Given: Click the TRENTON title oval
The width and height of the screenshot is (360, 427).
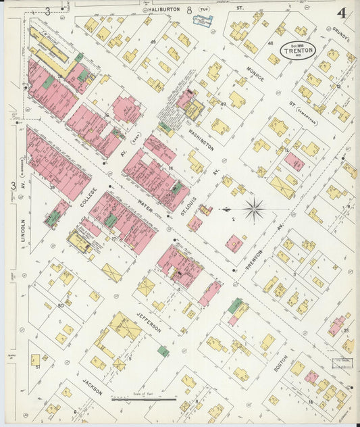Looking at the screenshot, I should point(299,49).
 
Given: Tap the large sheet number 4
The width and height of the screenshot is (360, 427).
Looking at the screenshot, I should point(342,13).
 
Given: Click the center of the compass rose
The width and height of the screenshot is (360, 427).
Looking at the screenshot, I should point(255,210).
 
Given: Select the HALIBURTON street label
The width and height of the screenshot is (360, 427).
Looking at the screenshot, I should point(165,10).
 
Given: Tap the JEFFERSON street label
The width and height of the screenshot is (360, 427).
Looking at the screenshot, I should point(149,319).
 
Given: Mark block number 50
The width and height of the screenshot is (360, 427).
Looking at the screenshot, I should point(61,306).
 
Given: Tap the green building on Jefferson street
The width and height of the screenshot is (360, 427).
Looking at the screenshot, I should point(163,351).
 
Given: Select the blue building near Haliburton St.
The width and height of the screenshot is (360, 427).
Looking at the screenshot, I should point(203,20).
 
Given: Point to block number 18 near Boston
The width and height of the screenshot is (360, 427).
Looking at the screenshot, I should point(310,402).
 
